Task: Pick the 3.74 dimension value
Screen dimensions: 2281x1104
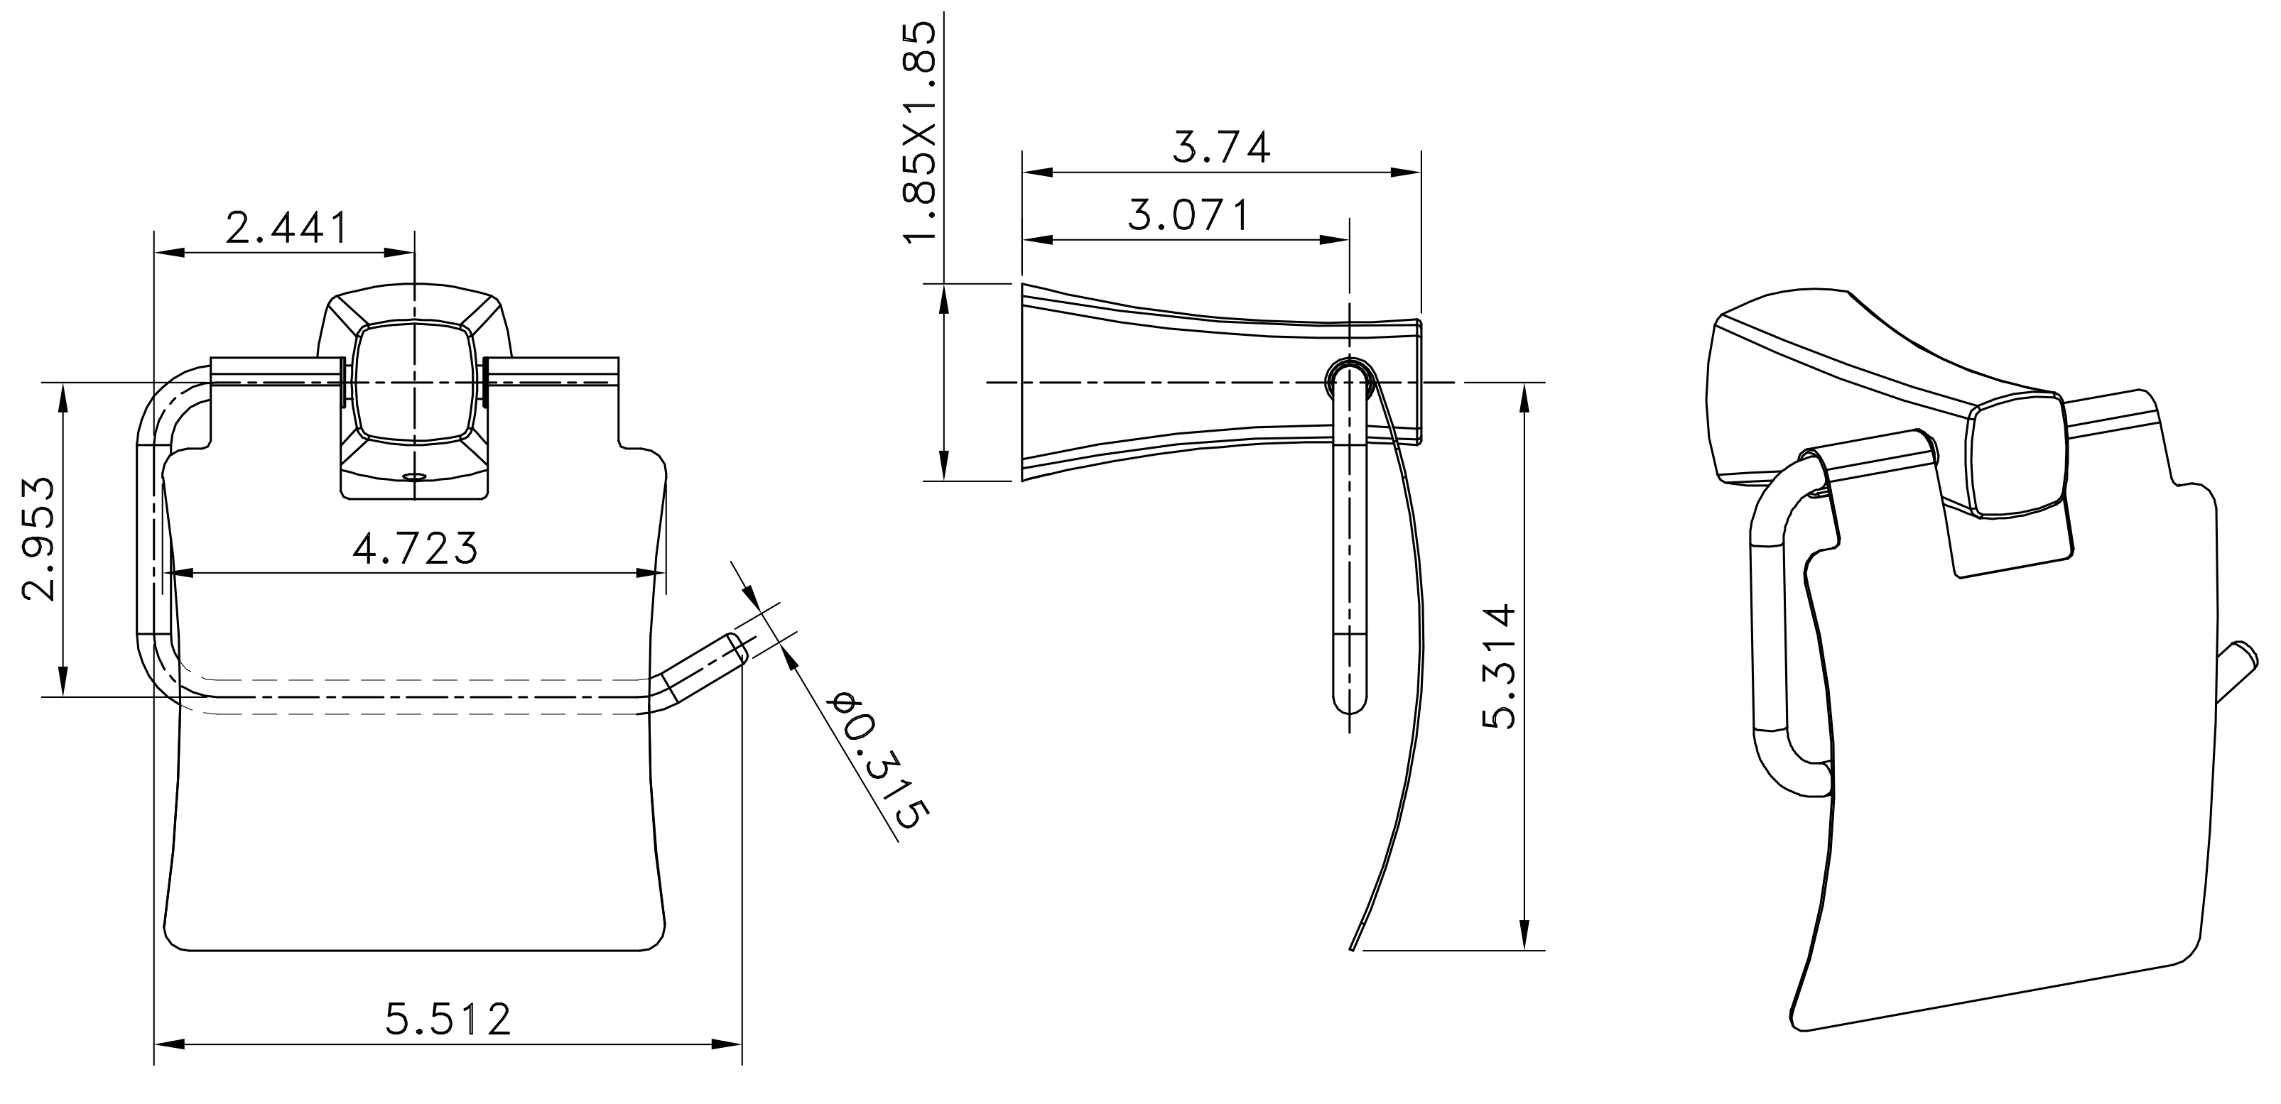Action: pyautogui.click(x=1221, y=147)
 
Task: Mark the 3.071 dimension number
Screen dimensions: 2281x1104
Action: pyautogui.click(x=1188, y=215)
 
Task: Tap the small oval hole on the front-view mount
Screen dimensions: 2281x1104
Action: pyautogui.click(x=413, y=476)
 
